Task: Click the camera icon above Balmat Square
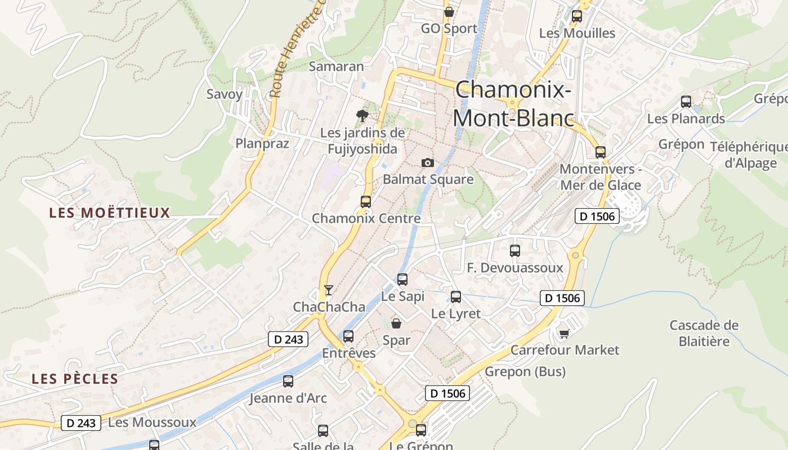pyautogui.click(x=428, y=163)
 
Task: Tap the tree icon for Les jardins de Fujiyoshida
pyautogui.click(x=362, y=116)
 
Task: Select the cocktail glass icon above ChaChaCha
pyautogui.click(x=329, y=290)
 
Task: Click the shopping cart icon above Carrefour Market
pyautogui.click(x=564, y=334)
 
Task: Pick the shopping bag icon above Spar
pyautogui.click(x=396, y=323)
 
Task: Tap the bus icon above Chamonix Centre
pyautogui.click(x=366, y=201)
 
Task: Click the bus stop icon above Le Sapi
pyautogui.click(x=402, y=279)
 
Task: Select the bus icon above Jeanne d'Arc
pyautogui.click(x=288, y=381)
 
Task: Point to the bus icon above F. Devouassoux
pyautogui.click(x=515, y=251)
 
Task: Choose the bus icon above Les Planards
pyautogui.click(x=686, y=102)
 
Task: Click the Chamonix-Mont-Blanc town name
pyautogui.click(x=513, y=104)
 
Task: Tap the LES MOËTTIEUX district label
pyautogui.click(x=109, y=213)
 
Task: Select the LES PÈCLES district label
pyautogui.click(x=75, y=379)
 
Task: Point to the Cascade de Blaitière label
pyautogui.click(x=704, y=333)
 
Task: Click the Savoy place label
pyautogui.click(x=225, y=94)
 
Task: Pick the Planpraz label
pyautogui.click(x=262, y=143)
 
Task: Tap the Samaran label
pyautogui.click(x=337, y=66)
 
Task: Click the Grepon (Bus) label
pyautogui.click(x=525, y=371)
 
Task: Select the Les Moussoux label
pyautogui.click(x=152, y=422)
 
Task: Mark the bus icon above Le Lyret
pyautogui.click(x=456, y=296)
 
